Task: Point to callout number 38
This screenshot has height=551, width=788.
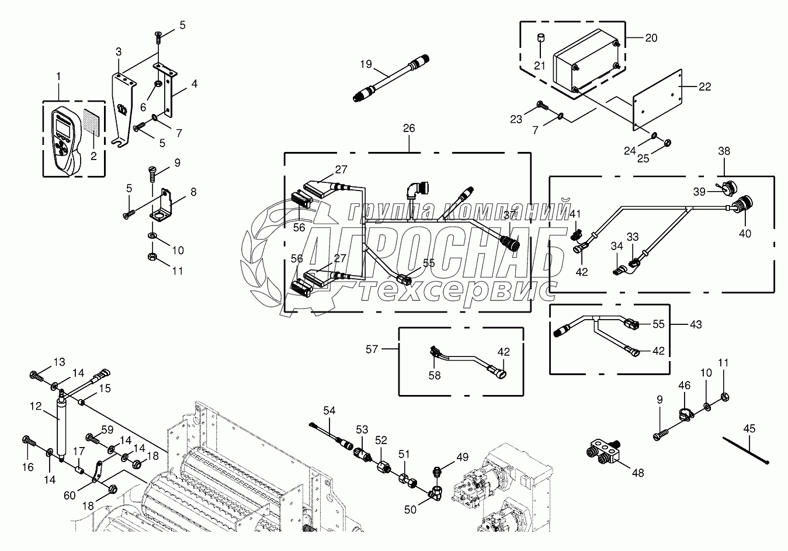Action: [x=724, y=150]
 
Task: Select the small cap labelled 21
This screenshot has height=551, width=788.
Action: [x=540, y=39]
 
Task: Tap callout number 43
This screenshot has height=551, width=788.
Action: [x=696, y=324]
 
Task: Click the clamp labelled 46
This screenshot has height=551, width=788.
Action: [x=683, y=414]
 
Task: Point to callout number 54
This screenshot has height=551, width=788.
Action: [x=329, y=411]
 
